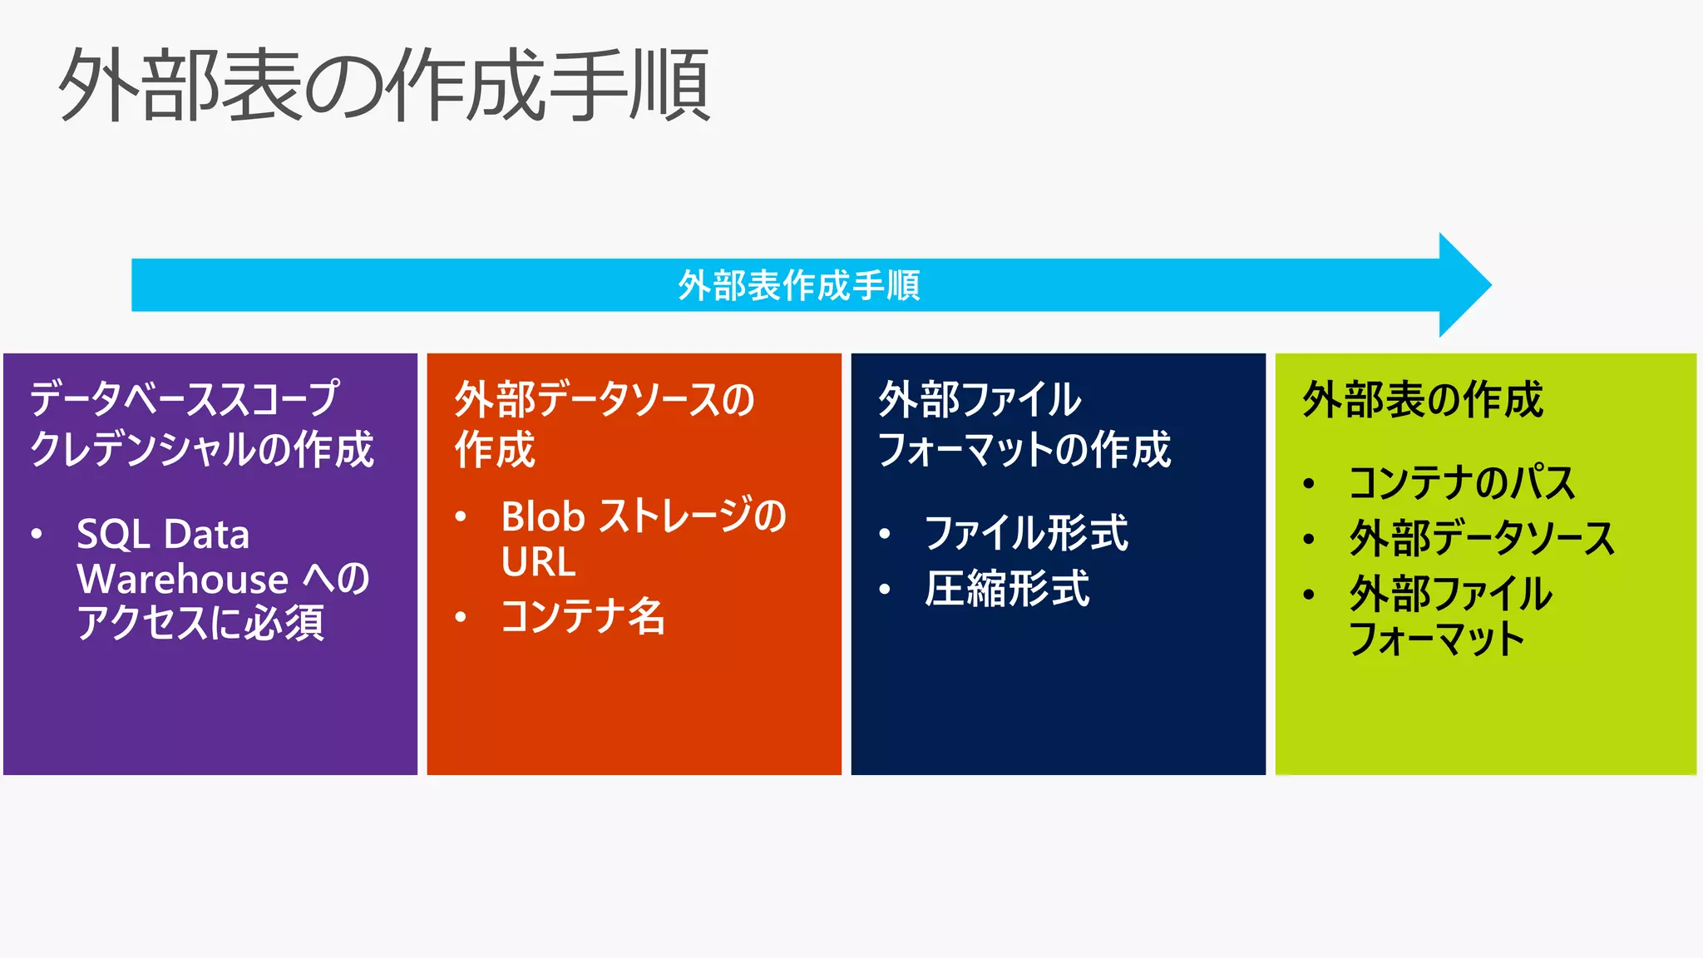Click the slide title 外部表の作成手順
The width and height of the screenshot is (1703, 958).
pyautogui.click(x=384, y=85)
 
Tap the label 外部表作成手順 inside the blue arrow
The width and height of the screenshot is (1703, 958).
pyautogui.click(x=798, y=285)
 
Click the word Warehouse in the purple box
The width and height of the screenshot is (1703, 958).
pyautogui.click(x=182, y=579)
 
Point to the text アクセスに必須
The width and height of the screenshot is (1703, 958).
pyautogui.click(x=200, y=622)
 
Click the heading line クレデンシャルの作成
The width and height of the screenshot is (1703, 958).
pyautogui.click(x=202, y=449)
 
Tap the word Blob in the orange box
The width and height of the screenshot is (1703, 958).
pyautogui.click(x=542, y=516)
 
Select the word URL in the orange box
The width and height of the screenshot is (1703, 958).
pyautogui.click(x=538, y=561)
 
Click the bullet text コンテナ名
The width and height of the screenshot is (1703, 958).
pyautogui.click(x=582, y=616)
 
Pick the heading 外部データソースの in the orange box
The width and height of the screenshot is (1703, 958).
pyautogui.click(x=604, y=400)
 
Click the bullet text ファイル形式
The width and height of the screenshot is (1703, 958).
pyautogui.click(x=1026, y=533)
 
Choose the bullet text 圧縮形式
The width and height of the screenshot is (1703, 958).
pyautogui.click(x=1006, y=589)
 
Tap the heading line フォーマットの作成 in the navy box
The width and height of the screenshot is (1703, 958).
pyautogui.click(x=1024, y=449)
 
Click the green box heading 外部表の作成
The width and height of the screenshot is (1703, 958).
pyautogui.click(x=1423, y=400)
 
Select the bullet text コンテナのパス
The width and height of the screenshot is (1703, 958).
pyautogui.click(x=1461, y=483)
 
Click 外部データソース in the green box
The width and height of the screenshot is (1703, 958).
pyautogui.click(x=1481, y=538)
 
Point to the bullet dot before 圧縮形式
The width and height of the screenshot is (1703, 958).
pyautogui.click(x=885, y=590)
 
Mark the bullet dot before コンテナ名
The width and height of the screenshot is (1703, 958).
pyautogui.click(x=461, y=617)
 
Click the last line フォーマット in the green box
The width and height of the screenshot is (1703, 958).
pyautogui.click(x=1436, y=639)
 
